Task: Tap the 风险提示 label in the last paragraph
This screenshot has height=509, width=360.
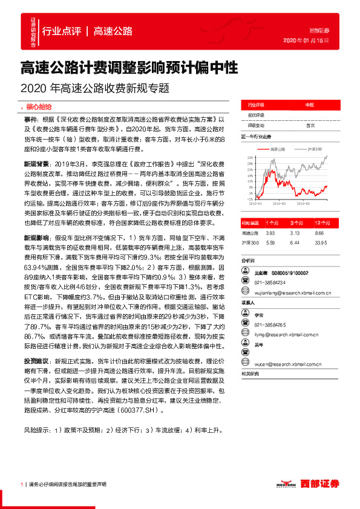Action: pos(36,430)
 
